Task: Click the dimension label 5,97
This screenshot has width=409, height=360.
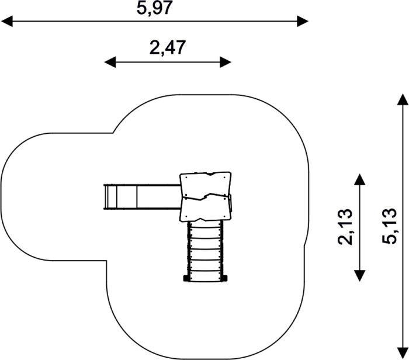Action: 154,8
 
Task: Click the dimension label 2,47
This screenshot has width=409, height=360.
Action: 168,48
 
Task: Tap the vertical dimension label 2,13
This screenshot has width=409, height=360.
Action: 345,227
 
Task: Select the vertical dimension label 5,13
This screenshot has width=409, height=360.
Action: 390,226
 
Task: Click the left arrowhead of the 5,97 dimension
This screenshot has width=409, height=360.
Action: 7,21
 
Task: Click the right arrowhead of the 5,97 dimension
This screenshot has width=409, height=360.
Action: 303,21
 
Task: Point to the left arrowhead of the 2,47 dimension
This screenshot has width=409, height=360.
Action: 110,62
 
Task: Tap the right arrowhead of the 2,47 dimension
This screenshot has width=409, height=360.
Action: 226,62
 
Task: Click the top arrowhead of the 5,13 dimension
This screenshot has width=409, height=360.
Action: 403,99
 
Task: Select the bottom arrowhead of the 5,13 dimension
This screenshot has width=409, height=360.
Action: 403,354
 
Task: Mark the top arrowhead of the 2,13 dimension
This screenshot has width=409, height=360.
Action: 359,179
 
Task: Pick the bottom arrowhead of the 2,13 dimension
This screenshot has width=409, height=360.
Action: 359,275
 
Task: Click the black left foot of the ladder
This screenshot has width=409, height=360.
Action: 186,279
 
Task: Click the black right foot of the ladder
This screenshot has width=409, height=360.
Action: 224,279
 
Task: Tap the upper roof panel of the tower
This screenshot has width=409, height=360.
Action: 206,185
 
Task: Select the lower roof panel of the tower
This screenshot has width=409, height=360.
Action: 206,208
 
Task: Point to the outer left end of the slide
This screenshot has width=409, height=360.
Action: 105,197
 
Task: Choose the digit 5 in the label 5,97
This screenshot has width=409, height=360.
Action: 142,8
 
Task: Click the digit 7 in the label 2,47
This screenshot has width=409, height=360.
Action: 180,48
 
